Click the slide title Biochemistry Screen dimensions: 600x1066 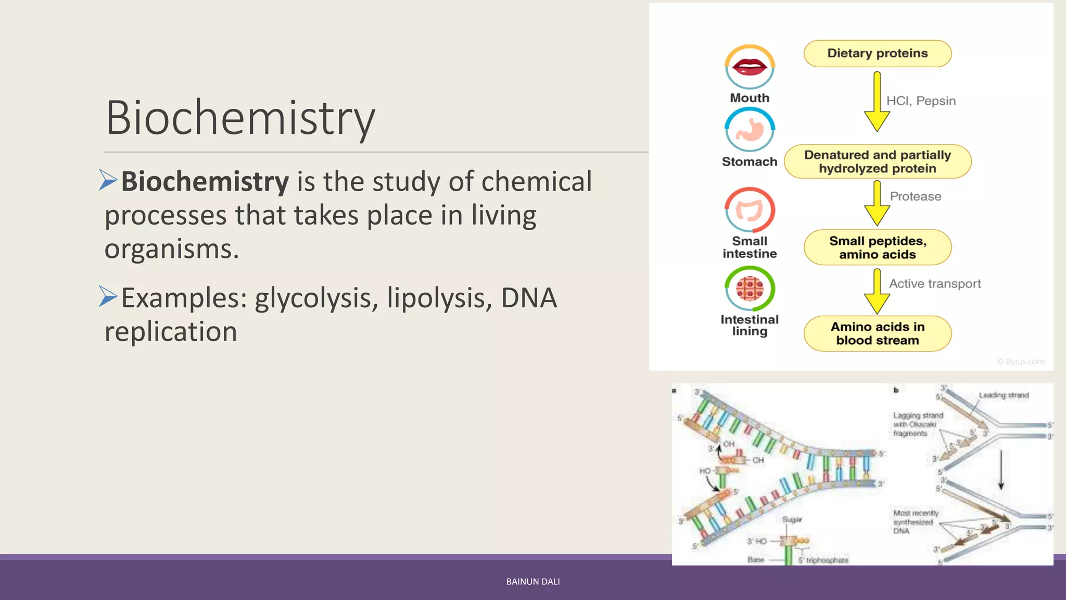[240, 119]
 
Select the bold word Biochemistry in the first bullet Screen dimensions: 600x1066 [205, 182]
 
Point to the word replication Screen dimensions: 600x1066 [171, 332]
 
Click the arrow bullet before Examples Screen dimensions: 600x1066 [108, 296]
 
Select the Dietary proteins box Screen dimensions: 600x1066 [877, 54]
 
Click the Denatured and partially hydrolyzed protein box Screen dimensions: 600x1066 [877, 161]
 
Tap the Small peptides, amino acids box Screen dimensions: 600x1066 [877, 247]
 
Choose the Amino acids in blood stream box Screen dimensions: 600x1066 [877, 333]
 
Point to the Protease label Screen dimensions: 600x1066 [915, 196]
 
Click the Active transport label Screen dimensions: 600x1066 [934, 284]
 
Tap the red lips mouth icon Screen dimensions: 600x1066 [750, 67]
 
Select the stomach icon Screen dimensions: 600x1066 [750, 130]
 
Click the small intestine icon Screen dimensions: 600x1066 [750, 210]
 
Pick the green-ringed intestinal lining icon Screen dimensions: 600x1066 [750, 289]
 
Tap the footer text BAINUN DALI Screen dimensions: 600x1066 [533, 582]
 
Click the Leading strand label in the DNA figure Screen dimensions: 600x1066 [1004, 395]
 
